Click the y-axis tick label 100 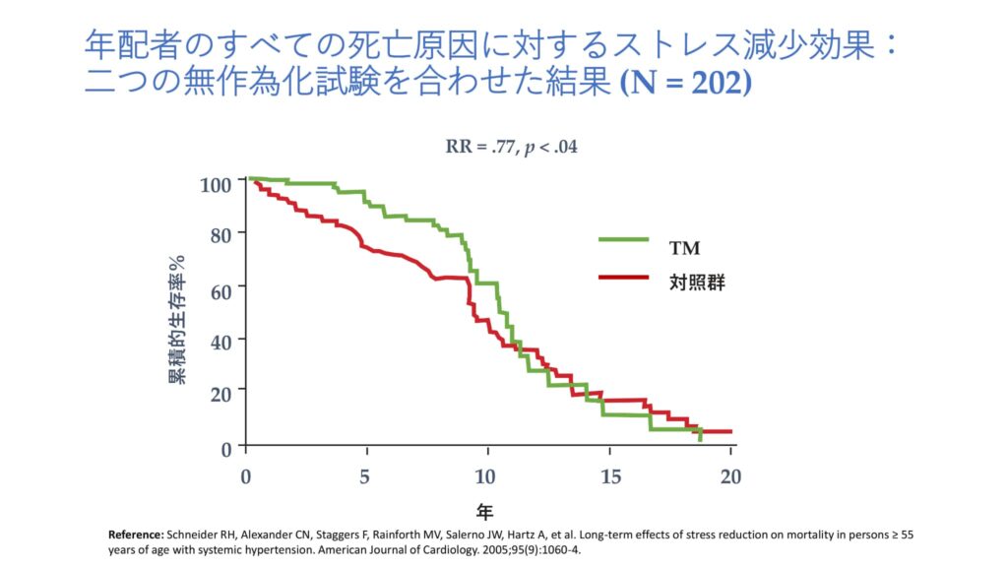[x=215, y=184]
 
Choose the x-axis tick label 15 [x=610, y=476]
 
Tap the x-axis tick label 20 [x=730, y=476]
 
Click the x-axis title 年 [x=484, y=511]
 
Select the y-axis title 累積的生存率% [x=177, y=319]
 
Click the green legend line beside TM [x=623, y=238]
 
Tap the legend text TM [x=684, y=246]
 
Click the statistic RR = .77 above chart [x=481, y=148]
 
